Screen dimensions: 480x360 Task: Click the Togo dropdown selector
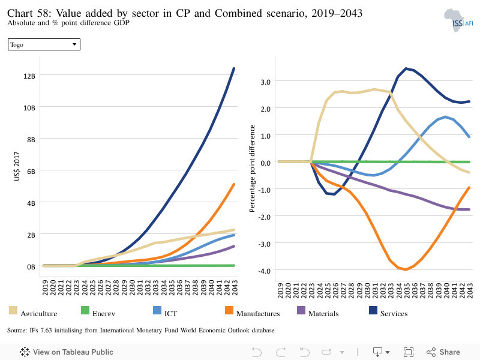tap(44, 44)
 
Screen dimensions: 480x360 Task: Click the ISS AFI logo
tap(458, 20)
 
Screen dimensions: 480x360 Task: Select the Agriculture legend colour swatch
tap(13, 310)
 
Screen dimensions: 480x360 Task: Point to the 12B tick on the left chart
tap(29, 76)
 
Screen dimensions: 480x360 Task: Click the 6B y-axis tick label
tap(31, 172)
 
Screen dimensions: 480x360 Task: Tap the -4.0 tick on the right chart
tap(265, 271)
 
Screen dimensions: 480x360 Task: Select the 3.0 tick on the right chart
tap(266, 82)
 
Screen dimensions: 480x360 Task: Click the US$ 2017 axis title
tap(17, 166)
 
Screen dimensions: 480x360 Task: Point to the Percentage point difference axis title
tap(252, 169)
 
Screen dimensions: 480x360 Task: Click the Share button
tap(443, 352)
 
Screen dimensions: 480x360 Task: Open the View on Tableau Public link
tap(67, 352)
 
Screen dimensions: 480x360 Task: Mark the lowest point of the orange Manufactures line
tap(406, 269)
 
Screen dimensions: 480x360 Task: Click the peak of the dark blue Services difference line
tap(406, 68)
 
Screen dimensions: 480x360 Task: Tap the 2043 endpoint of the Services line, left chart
tap(234, 68)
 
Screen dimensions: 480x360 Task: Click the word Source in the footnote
tap(17, 331)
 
